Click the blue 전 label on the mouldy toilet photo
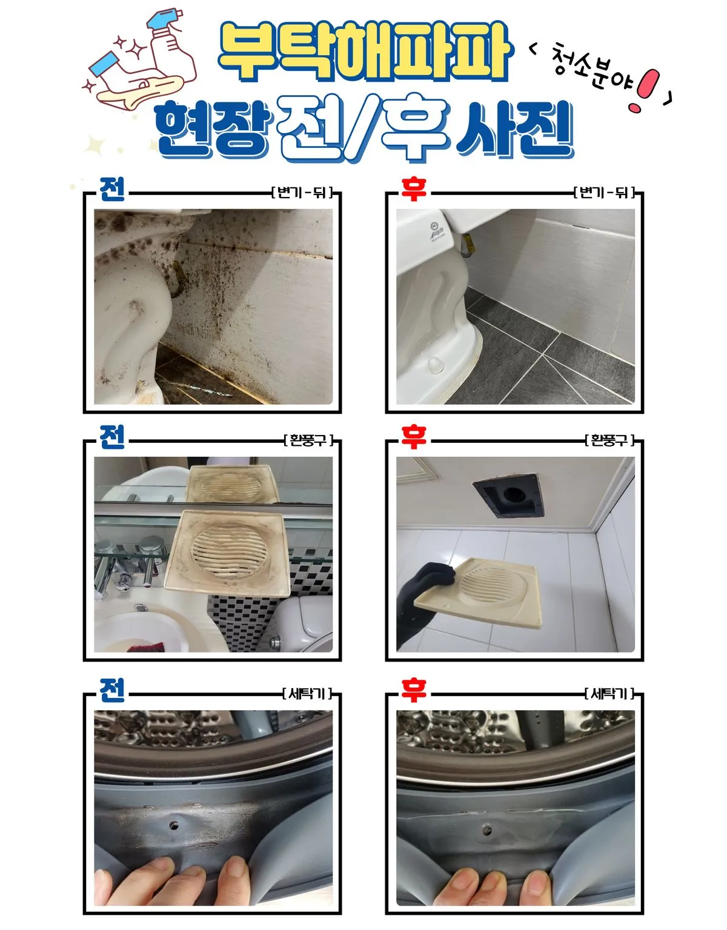click(112, 190)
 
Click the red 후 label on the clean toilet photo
click(414, 190)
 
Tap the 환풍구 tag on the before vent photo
click(308, 440)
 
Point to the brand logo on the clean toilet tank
click(434, 231)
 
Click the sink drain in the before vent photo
click(141, 608)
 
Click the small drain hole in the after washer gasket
click(485, 827)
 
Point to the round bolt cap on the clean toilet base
click(434, 364)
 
